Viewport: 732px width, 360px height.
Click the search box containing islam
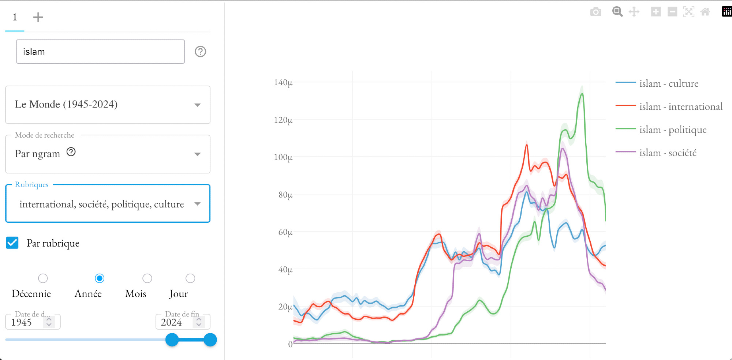pos(100,52)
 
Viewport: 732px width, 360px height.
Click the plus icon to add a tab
pos(38,17)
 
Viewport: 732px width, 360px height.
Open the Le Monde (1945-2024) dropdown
pos(108,105)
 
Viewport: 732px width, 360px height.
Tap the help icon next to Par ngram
pos(71,152)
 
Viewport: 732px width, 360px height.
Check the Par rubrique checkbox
pos(12,243)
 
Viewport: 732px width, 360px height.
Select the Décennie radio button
pos(43,278)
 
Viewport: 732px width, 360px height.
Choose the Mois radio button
pos(147,278)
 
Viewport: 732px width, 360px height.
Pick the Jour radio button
pos(190,278)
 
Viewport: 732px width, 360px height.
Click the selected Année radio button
pos(100,278)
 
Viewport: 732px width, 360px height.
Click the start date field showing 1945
pos(26,322)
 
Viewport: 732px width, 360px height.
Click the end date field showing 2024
pos(176,322)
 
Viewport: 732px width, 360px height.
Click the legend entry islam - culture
pos(668,83)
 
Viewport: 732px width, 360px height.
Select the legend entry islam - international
pos(680,106)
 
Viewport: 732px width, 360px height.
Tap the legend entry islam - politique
pos(672,130)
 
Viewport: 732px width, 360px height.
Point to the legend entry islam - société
pos(668,153)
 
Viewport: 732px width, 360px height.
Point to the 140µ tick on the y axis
pos(283,83)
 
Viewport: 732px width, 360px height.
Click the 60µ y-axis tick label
pos(285,232)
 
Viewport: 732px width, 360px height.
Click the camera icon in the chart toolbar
pos(595,12)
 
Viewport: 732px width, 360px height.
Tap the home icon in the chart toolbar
pos(705,12)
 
